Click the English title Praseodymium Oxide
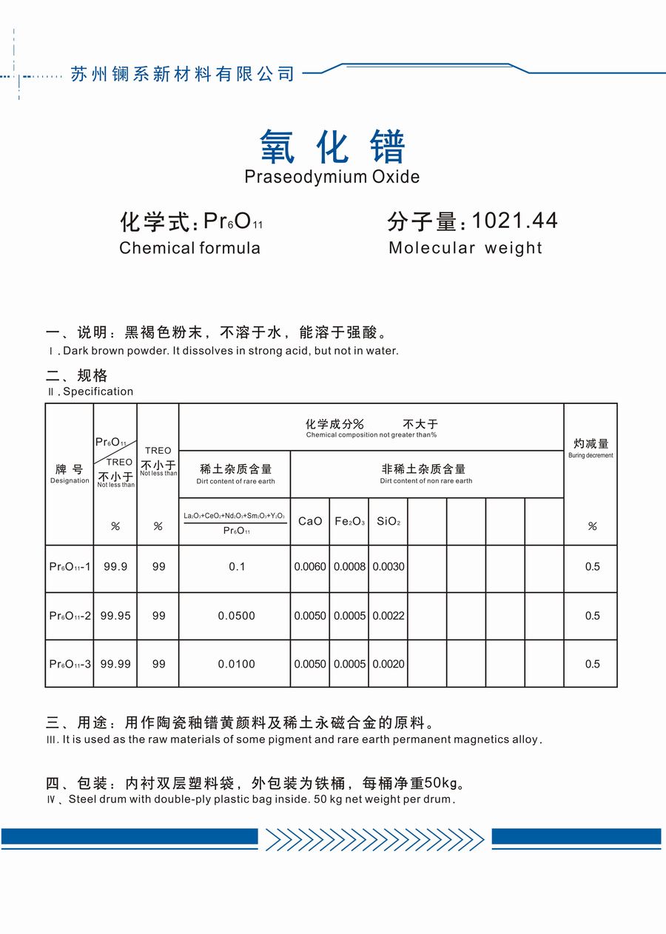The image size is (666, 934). (332, 177)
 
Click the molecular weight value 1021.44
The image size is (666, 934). (514, 221)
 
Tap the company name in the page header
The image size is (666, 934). (182, 74)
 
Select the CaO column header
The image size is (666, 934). (310, 521)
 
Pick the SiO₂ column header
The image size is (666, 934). (388, 521)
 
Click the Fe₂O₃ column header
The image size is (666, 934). (349, 521)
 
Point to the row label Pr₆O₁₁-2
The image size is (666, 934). (70, 616)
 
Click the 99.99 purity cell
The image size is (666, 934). (115, 664)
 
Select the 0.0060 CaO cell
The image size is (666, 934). (310, 567)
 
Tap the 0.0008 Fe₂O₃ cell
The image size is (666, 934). (349, 567)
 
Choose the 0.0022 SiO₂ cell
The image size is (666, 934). (388, 616)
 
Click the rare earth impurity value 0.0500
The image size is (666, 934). (236, 616)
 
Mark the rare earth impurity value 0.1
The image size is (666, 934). (236, 567)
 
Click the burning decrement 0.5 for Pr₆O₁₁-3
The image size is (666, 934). (592, 664)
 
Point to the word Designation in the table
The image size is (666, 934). (70, 481)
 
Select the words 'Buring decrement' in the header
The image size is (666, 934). (591, 456)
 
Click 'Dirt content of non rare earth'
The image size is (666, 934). (426, 481)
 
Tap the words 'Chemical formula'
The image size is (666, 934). (189, 248)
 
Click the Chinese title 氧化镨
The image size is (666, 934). (332, 146)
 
